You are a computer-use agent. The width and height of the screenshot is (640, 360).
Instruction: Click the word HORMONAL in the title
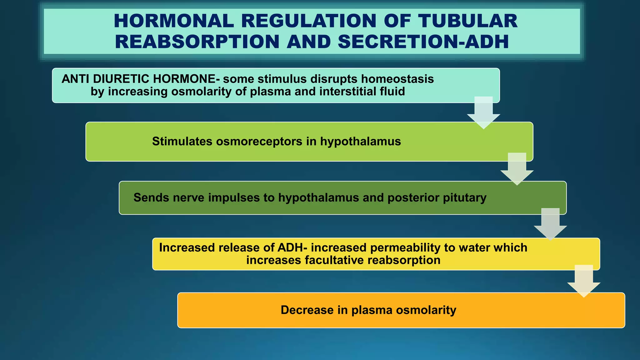(174, 21)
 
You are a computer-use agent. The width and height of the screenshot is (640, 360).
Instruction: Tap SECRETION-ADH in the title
(423, 42)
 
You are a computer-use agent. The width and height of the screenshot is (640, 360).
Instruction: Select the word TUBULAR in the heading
(468, 21)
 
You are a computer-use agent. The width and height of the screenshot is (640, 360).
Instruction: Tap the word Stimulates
(182, 142)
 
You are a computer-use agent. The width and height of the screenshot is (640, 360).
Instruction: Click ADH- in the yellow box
(292, 248)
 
